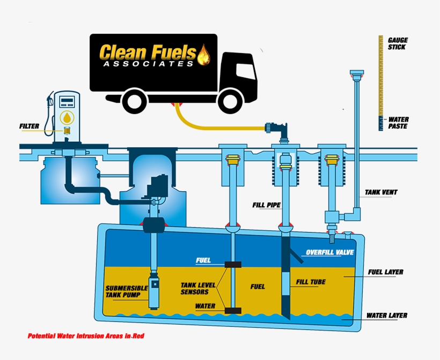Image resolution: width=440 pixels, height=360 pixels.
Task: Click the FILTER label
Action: coord(29,126)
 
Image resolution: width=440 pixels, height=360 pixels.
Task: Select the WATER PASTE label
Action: coord(398,123)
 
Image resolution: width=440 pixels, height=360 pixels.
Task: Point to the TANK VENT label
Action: coord(381,192)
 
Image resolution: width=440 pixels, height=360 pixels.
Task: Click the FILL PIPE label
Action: coord(265,205)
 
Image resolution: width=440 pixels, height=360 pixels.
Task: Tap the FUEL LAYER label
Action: coord(385,272)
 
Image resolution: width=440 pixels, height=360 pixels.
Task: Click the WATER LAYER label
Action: coord(386,316)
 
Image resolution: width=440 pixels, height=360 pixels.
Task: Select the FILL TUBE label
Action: coord(311,282)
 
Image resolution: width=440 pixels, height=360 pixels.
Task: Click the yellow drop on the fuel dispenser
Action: coord(67,117)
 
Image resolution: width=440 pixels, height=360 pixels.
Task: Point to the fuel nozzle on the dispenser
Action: coord(51,100)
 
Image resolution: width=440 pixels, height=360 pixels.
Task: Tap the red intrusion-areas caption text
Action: coord(86,336)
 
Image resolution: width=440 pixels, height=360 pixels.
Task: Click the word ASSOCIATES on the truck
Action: coord(148,63)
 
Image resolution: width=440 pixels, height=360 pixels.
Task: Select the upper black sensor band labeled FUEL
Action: coord(232,264)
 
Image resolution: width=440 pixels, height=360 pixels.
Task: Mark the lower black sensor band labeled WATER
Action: coord(232,310)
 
